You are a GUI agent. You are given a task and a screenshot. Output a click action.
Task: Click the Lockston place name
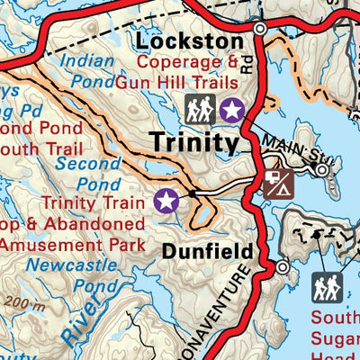(190, 41)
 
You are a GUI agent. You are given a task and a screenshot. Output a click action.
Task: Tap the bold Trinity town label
(194, 142)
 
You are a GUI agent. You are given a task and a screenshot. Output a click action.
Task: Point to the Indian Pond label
(89, 72)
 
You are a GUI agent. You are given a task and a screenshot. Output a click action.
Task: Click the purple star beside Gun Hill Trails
(232, 110)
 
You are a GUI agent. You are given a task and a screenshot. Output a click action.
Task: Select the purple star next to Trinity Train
(166, 200)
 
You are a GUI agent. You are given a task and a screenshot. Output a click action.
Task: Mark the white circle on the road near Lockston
(259, 30)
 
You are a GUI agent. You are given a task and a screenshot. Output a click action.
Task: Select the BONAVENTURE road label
(226, 315)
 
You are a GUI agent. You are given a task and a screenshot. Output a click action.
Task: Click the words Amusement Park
(71, 244)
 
